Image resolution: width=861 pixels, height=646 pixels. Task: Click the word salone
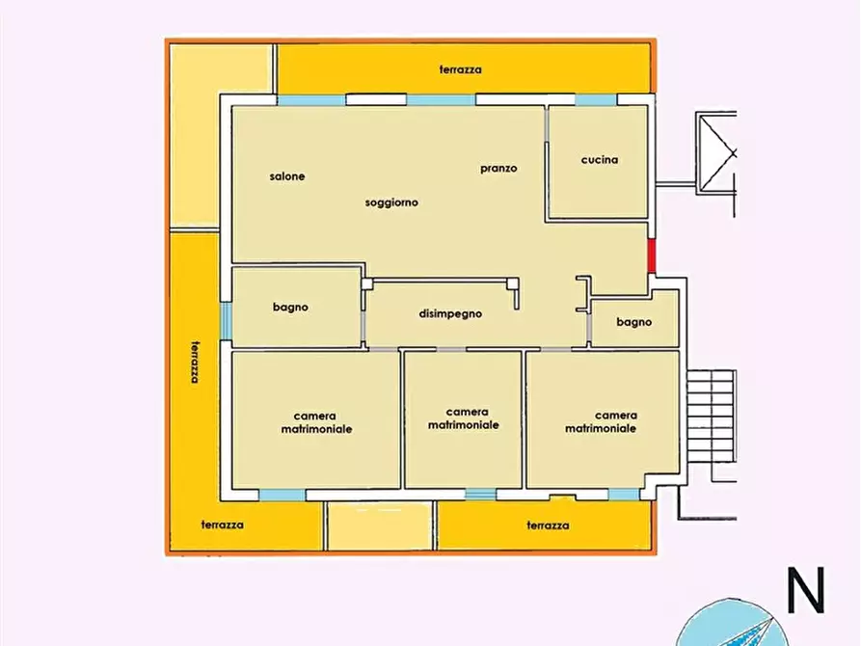click(x=287, y=176)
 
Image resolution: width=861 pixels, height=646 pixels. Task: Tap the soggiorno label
click(x=391, y=202)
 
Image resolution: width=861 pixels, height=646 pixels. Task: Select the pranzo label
click(x=498, y=168)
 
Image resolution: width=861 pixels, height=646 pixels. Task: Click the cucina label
click(x=600, y=160)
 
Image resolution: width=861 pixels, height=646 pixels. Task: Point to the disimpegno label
click(x=450, y=313)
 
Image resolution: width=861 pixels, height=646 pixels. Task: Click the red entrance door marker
click(x=651, y=256)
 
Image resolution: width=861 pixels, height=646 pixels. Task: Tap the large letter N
click(x=805, y=591)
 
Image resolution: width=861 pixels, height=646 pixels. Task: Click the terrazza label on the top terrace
click(x=461, y=69)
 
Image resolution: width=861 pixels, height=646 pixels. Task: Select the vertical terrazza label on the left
click(x=195, y=362)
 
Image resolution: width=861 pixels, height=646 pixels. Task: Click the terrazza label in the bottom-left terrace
click(x=223, y=525)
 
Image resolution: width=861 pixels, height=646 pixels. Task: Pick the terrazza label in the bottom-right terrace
click(x=548, y=525)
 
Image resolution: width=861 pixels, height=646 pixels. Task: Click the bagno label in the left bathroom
click(x=290, y=308)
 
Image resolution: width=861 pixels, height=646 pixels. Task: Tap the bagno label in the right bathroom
click(x=634, y=322)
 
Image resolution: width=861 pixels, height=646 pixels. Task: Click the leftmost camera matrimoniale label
click(x=316, y=421)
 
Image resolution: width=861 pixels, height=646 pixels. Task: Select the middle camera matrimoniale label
click(x=464, y=418)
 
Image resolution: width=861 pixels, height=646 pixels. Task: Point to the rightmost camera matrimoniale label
click(x=601, y=421)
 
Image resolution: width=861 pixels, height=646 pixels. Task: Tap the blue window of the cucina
click(x=596, y=99)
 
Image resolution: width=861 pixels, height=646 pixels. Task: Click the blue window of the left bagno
click(x=226, y=322)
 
